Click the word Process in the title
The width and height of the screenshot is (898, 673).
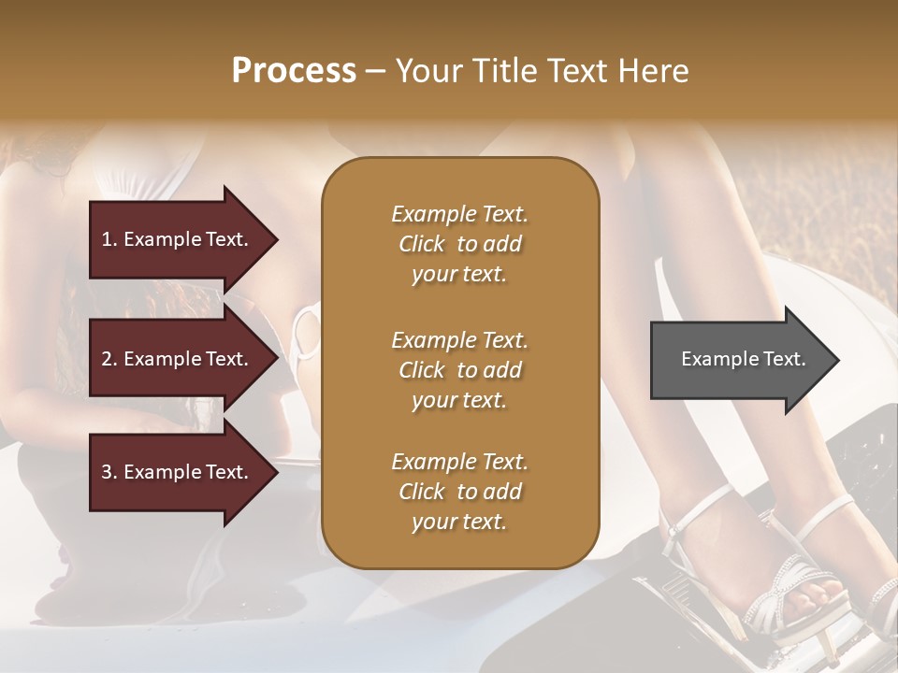tap(294, 71)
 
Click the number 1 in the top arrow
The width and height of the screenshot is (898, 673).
tap(106, 239)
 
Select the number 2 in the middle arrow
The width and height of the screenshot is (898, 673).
tap(107, 359)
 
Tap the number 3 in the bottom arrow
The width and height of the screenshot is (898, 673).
tap(107, 472)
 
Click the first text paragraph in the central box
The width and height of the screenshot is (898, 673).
tap(460, 244)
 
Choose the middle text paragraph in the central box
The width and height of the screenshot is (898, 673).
tap(460, 369)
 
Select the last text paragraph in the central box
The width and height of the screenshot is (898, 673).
tap(460, 492)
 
